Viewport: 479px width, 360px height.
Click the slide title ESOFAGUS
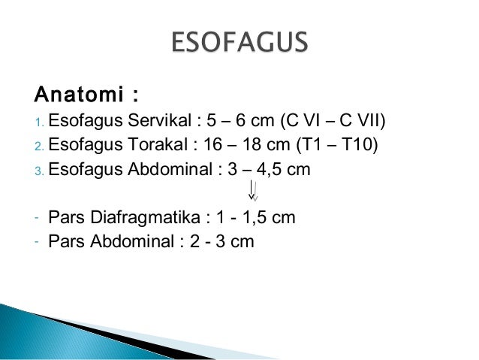(x=239, y=42)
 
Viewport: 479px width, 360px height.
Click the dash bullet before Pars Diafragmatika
(x=37, y=218)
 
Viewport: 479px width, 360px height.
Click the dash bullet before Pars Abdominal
(x=37, y=242)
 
